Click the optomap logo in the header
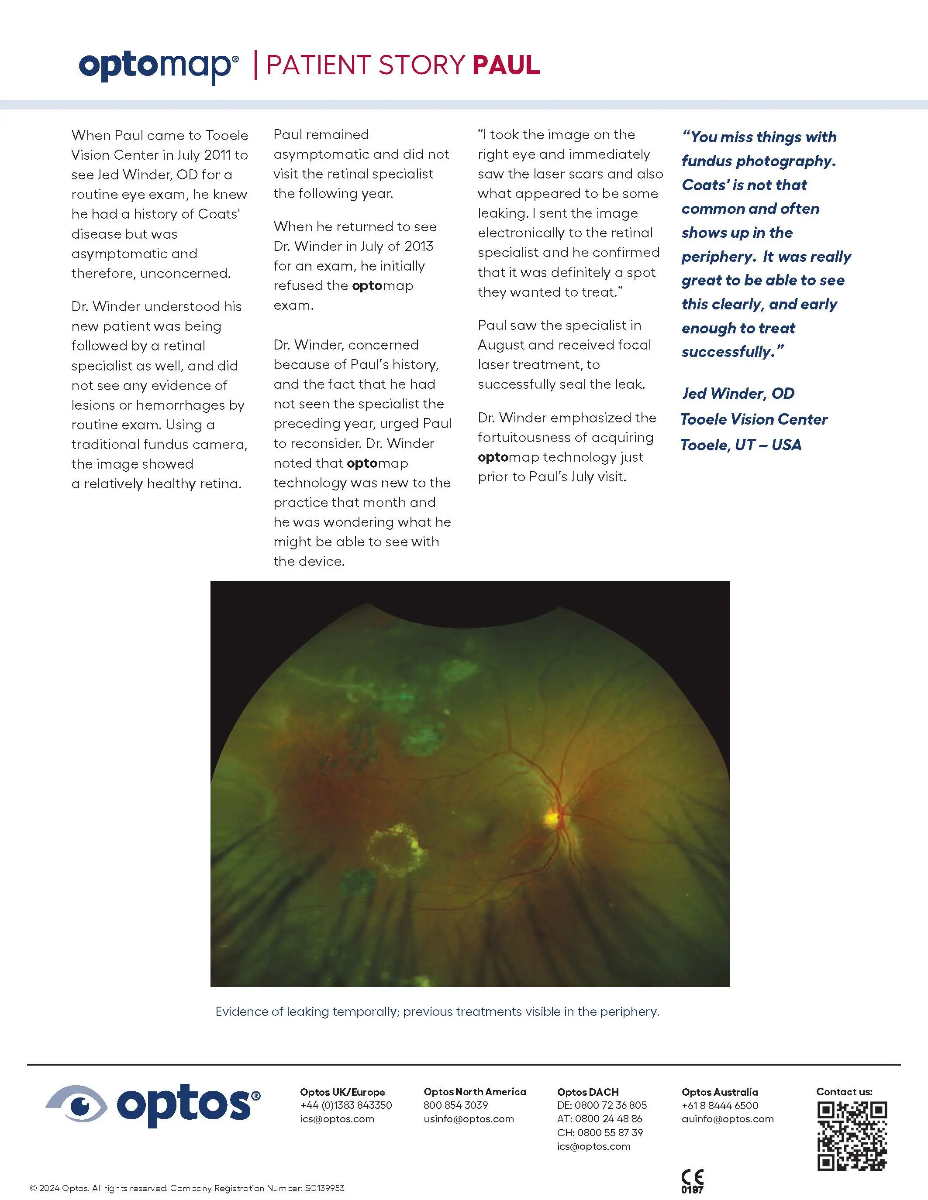[159, 66]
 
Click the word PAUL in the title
[506, 65]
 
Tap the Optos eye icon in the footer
[76, 1103]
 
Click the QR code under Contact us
[852, 1136]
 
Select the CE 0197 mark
[692, 1181]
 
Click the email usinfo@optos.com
[469, 1119]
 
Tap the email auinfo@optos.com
[728, 1119]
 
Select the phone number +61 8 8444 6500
[720, 1105]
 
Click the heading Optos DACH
[588, 1092]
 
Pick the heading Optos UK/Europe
[342, 1092]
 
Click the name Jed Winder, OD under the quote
[738, 394]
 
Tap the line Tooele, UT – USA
[741, 445]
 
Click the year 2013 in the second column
[419, 246]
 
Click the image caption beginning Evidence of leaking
[437, 1011]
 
